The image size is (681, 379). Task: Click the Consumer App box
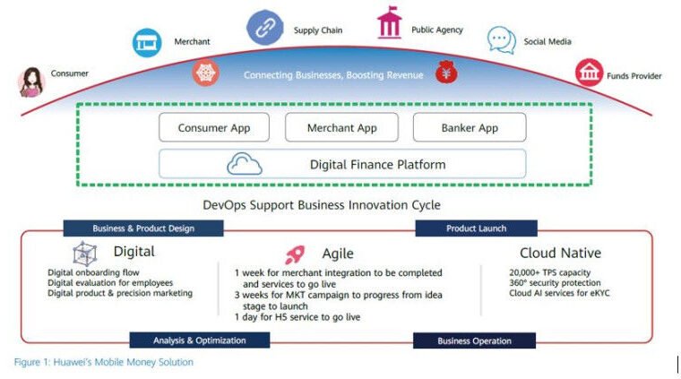pos(214,127)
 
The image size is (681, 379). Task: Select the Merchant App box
pos(341,127)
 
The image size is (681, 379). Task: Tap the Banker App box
pos(470,127)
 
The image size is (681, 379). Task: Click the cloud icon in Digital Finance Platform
pos(245,164)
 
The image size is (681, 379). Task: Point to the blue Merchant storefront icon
pos(147,42)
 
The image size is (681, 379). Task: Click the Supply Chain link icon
pos(265,28)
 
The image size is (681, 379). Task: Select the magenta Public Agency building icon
pos(389,22)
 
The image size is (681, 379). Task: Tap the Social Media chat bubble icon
pos(502,40)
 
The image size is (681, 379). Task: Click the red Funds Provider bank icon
pos(590,73)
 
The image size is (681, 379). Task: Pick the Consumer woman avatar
pos(31,82)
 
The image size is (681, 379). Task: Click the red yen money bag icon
pos(446,72)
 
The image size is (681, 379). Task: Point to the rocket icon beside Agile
pos(295,254)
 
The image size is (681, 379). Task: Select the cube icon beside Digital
pos(85,254)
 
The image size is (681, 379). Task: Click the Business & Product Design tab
pos(143,228)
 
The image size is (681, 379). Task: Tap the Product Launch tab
pos(476,228)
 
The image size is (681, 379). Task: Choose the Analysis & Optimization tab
pos(199,340)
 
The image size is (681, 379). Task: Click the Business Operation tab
pos(474,340)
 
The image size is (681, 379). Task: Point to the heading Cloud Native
pos(560,253)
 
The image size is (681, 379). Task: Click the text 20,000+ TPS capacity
pos(550,272)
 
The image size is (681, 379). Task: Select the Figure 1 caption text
pos(104,362)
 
